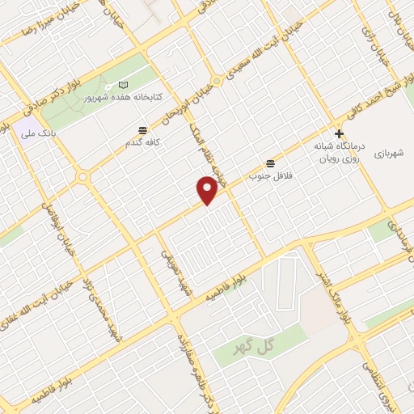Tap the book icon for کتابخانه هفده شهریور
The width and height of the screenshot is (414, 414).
[123, 85]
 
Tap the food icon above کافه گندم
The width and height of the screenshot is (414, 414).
[143, 130]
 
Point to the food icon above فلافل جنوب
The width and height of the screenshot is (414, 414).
[269, 162]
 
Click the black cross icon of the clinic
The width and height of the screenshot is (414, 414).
[340, 133]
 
